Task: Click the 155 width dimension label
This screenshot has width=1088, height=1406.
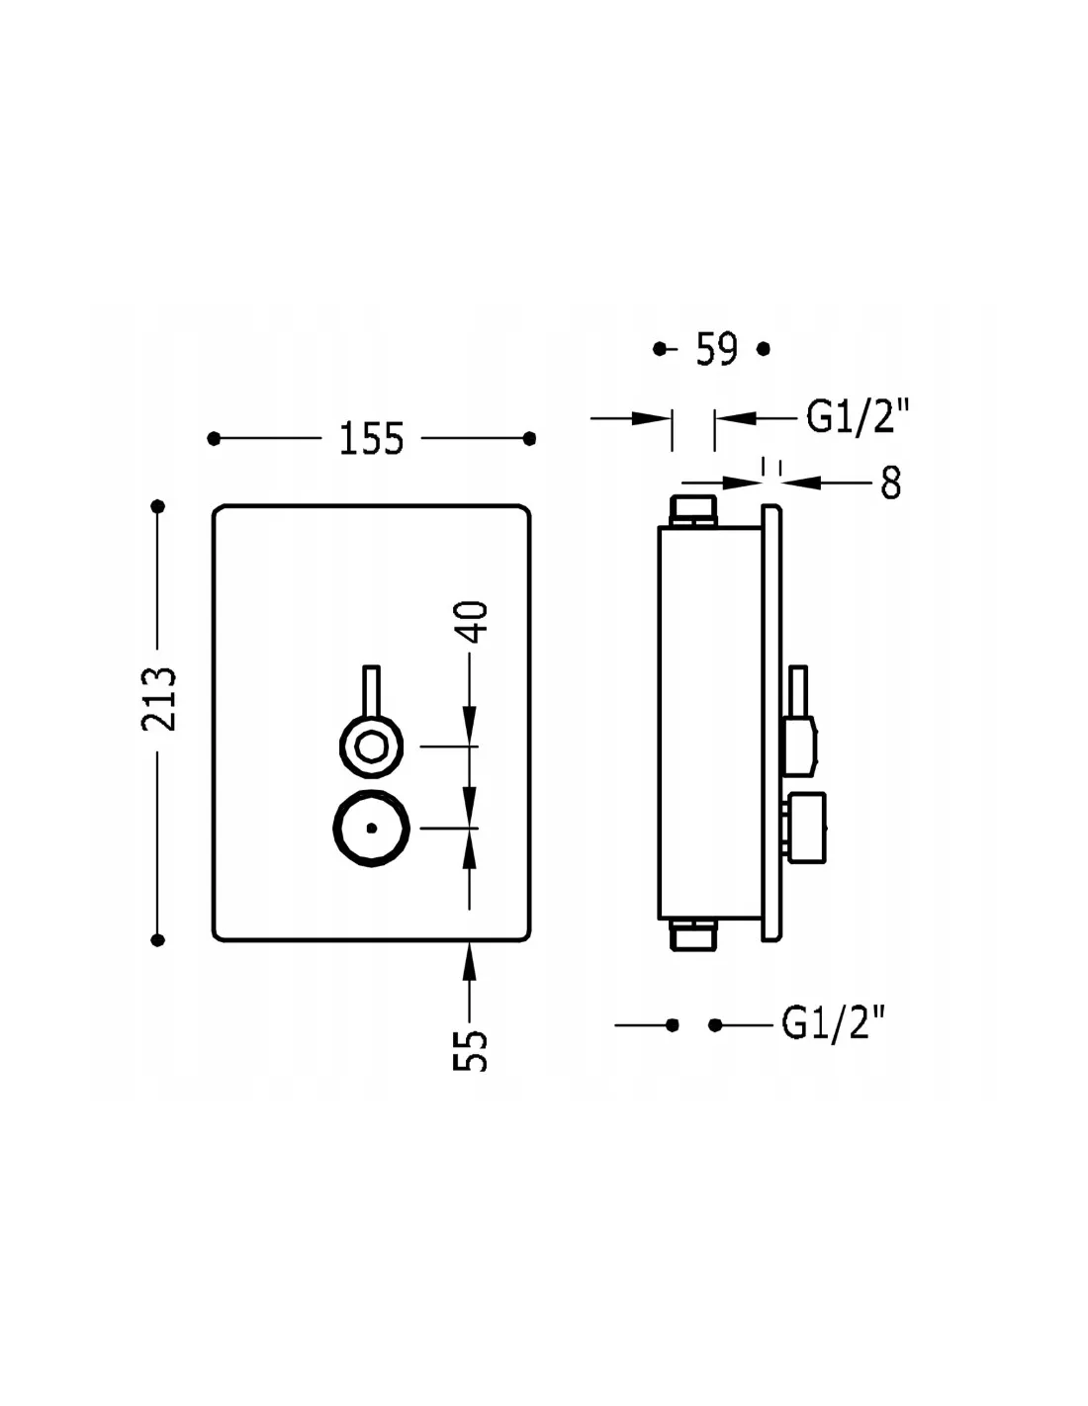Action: (x=371, y=439)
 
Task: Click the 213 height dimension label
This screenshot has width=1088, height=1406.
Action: (x=158, y=699)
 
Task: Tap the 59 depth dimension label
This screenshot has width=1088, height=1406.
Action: (x=716, y=349)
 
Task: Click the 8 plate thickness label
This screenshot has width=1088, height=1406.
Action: (x=890, y=483)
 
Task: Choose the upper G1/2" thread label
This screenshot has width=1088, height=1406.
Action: (x=858, y=416)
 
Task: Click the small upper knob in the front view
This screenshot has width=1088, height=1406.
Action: (x=372, y=747)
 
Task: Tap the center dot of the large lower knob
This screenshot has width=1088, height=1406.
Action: (x=372, y=828)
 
